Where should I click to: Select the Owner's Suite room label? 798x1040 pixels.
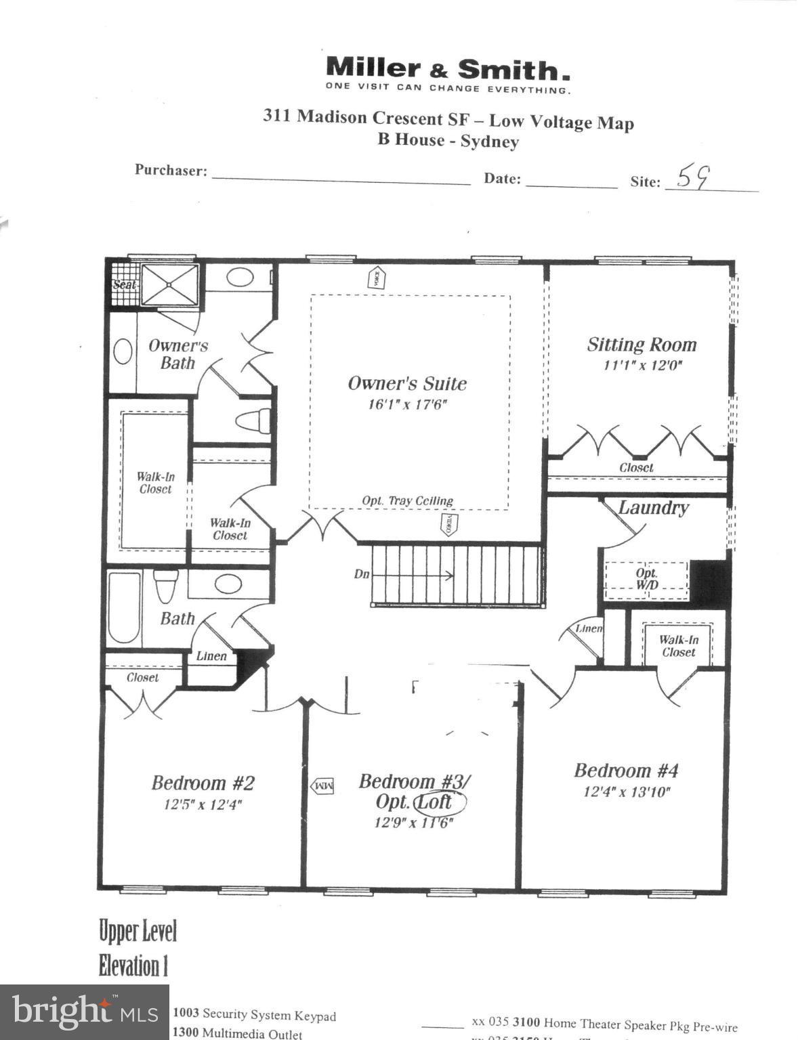click(407, 383)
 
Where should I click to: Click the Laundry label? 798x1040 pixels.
click(653, 508)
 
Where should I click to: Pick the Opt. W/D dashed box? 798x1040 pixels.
click(646, 579)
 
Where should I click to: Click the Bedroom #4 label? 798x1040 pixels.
click(625, 771)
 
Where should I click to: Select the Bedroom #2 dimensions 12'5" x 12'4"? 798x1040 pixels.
click(203, 804)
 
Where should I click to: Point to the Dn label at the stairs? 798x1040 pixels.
click(362, 574)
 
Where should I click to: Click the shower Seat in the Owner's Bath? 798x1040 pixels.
click(124, 285)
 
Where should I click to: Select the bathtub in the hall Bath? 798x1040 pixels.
click(124, 607)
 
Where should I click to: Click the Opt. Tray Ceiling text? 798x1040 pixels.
click(407, 501)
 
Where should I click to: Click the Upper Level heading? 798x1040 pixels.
click(138, 931)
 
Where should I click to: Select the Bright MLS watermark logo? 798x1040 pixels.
click(84, 1012)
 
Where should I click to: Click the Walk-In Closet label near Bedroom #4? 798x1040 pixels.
click(678, 646)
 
